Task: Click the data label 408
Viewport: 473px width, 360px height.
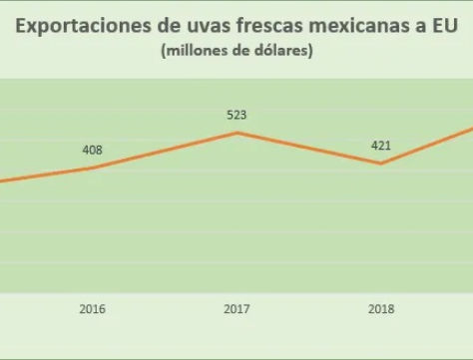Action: pyautogui.click(x=92, y=151)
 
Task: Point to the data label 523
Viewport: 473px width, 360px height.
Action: pyautogui.click(x=236, y=115)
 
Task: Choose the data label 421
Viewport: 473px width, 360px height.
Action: pyautogui.click(x=380, y=146)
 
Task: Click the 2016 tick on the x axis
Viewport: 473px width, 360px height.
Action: pyautogui.click(x=92, y=309)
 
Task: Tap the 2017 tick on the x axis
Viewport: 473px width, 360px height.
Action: pyautogui.click(x=236, y=309)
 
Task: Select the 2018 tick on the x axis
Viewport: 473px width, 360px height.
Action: pyautogui.click(x=380, y=309)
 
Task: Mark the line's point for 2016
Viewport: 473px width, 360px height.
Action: pyautogui.click(x=92, y=168)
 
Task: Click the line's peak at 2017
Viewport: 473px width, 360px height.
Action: pyautogui.click(x=236, y=133)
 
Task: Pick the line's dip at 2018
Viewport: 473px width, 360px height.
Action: pyautogui.click(x=380, y=164)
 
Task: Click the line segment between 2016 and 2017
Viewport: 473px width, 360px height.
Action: pyautogui.click(x=165, y=150)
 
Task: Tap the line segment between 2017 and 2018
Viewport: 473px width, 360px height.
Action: pyautogui.click(x=308, y=149)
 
